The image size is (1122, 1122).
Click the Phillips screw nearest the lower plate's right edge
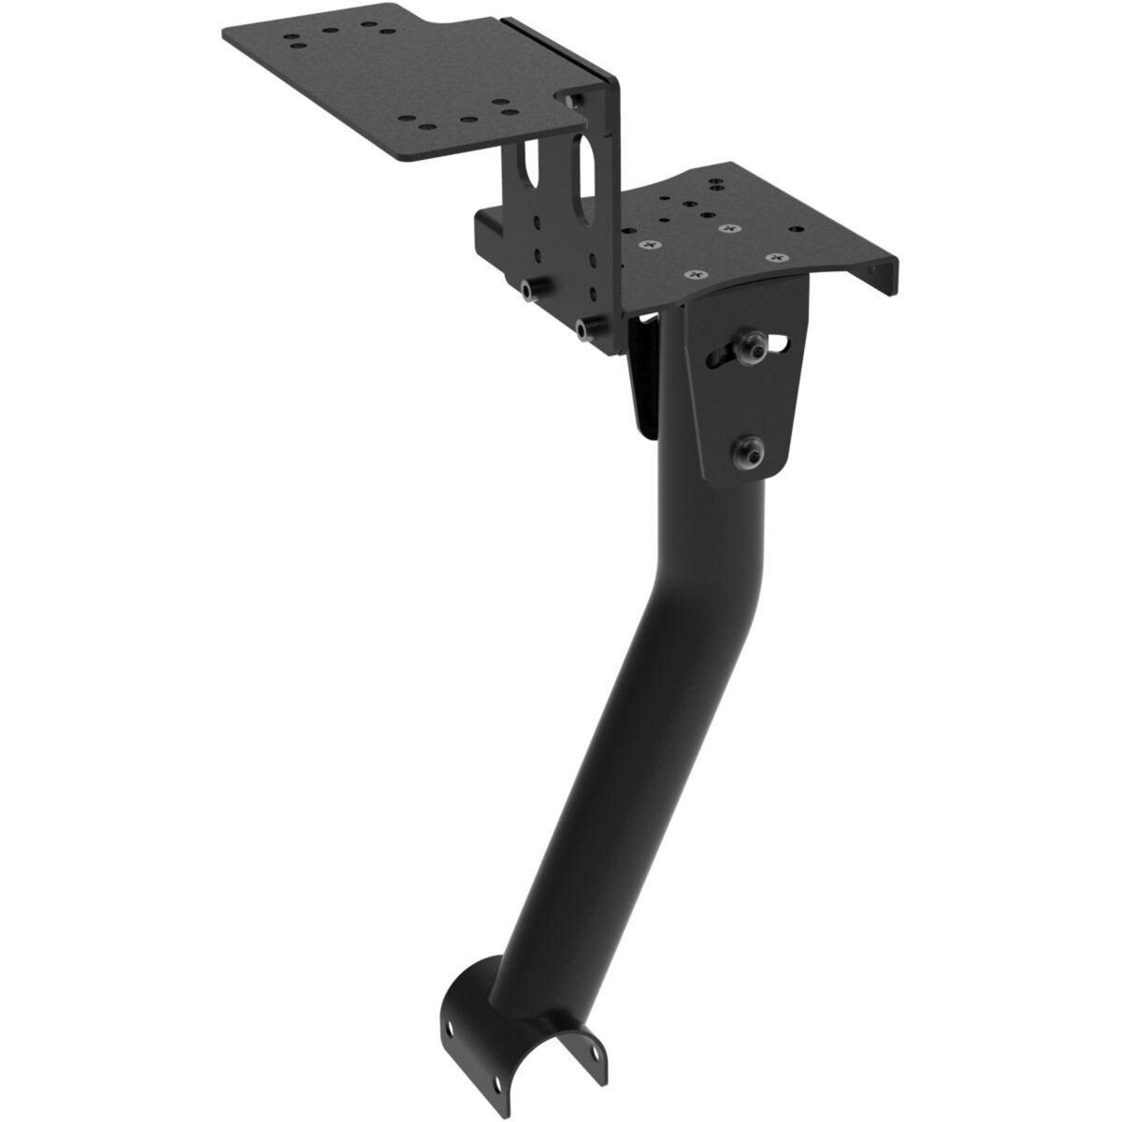coord(772,256)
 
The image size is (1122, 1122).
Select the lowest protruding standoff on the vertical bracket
coord(587,327)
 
